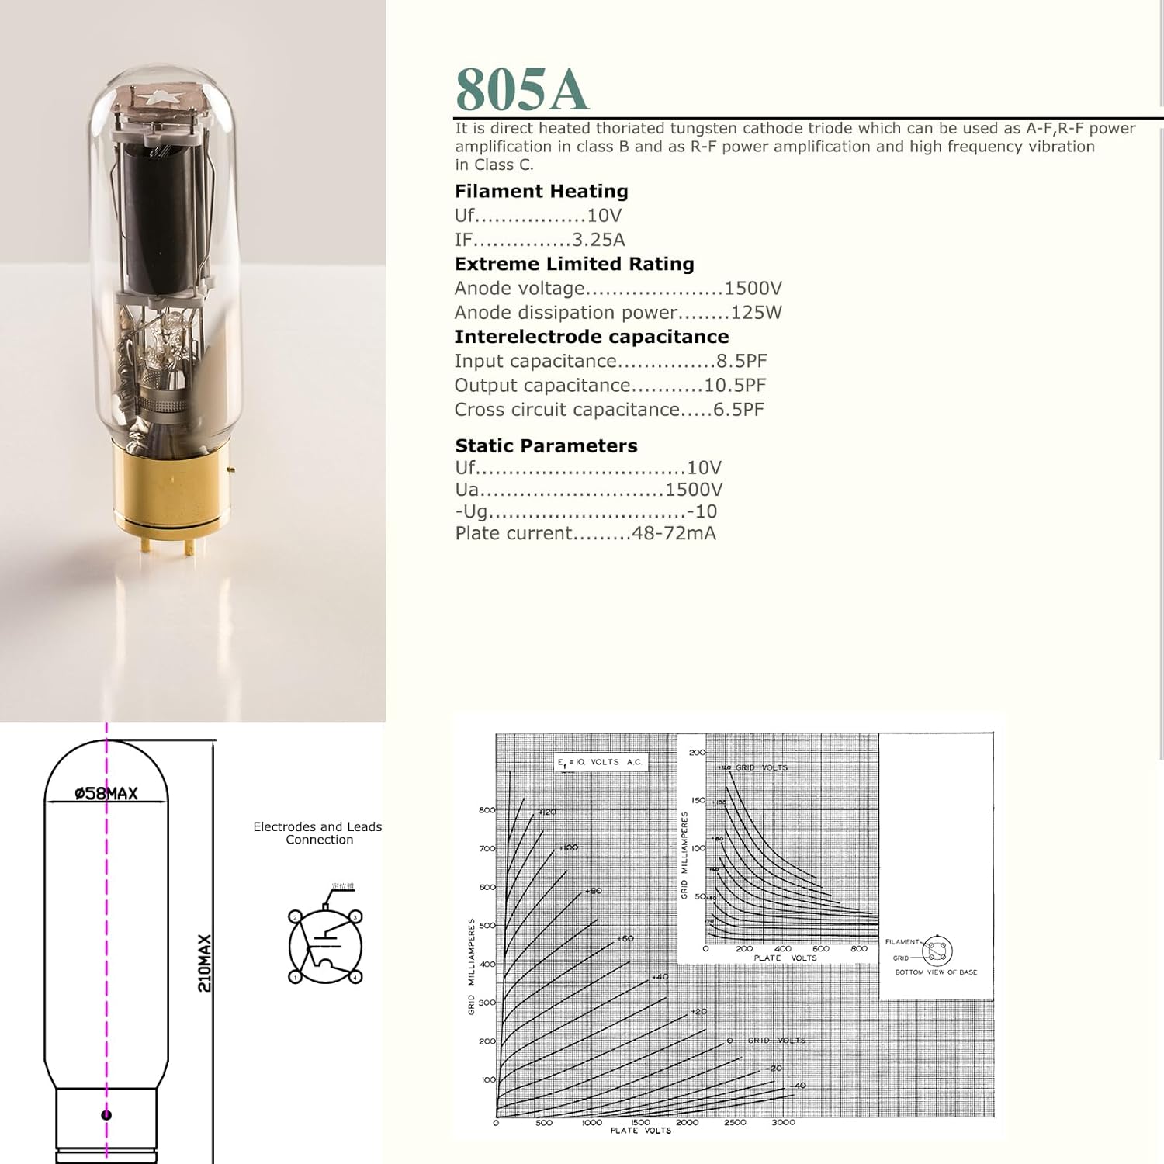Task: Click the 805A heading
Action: point(521,88)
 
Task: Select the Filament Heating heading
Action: point(541,191)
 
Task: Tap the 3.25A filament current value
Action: point(598,240)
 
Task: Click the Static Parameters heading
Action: point(546,445)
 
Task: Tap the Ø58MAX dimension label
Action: point(106,793)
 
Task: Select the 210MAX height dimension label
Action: point(204,963)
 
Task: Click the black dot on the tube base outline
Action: point(106,1115)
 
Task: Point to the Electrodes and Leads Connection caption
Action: point(317,833)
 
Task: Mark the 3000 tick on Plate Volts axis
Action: point(783,1122)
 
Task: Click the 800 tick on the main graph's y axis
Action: point(487,810)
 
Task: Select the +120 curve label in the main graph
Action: point(547,812)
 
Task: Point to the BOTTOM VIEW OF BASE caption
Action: point(936,972)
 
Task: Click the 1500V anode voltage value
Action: point(753,289)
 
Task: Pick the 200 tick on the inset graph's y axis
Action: point(697,752)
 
